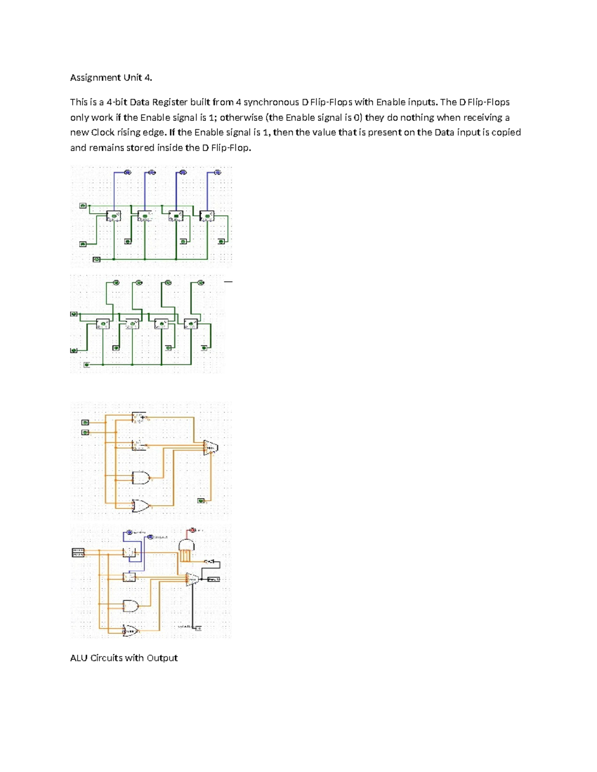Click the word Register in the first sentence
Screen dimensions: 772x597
tap(169, 102)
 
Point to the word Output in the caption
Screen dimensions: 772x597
tap(162, 658)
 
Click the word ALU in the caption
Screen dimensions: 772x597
tap(79, 658)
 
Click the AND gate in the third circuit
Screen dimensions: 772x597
tap(141, 478)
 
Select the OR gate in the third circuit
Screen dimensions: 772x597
tap(141, 506)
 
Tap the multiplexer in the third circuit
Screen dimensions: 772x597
tap(210, 447)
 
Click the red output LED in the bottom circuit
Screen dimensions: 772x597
tap(193, 530)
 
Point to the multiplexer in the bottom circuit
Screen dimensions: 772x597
tap(192, 579)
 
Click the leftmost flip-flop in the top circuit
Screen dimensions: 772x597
tap(113, 216)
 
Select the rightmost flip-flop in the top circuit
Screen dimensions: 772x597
tap(207, 216)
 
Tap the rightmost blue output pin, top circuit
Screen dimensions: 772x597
tap(217, 172)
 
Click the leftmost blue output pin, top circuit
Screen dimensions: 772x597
tap(127, 172)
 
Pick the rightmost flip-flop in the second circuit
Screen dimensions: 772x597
tap(191, 324)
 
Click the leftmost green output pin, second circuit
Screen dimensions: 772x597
tap(116, 283)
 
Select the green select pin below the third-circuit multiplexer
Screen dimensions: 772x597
tap(201, 501)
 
